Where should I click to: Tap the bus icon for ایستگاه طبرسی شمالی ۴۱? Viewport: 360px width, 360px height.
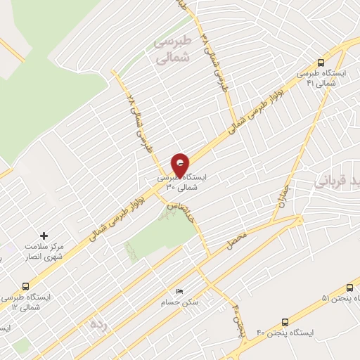(x=321, y=63)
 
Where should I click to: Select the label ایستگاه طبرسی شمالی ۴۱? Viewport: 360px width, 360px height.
(x=320, y=78)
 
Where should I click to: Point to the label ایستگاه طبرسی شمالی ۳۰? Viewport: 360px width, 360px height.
(x=181, y=184)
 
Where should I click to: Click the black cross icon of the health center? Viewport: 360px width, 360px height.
(x=44, y=235)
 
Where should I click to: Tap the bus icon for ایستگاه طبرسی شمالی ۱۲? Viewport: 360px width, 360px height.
(x=25, y=286)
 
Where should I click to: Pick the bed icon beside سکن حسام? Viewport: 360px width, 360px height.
(x=179, y=291)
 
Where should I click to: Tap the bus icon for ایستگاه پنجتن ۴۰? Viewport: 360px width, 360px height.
(x=285, y=321)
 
